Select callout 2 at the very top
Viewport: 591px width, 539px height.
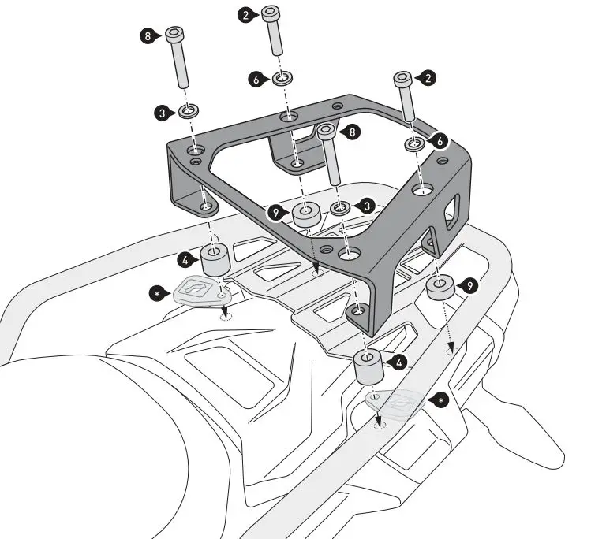(x=247, y=14)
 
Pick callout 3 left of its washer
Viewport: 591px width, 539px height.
(x=163, y=113)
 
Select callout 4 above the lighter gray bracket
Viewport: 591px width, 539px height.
(x=398, y=362)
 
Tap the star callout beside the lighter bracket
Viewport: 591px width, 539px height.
(x=441, y=400)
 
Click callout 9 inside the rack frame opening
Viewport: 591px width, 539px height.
(x=275, y=213)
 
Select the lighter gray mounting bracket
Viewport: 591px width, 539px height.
(x=401, y=402)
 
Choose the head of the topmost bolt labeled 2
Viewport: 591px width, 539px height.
(x=271, y=13)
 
